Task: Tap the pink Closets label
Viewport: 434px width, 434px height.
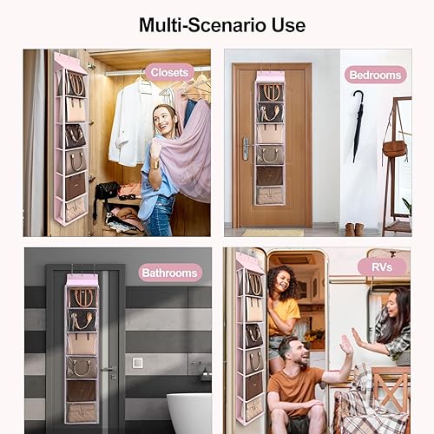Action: (169, 72)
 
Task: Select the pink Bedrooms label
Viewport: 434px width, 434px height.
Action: (375, 75)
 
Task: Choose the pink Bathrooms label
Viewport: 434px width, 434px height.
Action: (170, 273)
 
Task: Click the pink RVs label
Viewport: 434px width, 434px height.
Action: (382, 266)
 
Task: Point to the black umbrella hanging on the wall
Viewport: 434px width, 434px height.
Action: (358, 125)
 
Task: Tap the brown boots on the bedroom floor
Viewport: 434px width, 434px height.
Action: (355, 228)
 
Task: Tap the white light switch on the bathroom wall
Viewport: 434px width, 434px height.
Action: (137, 363)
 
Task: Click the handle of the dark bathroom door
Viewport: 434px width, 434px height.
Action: (108, 370)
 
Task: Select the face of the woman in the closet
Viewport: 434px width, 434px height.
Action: (163, 119)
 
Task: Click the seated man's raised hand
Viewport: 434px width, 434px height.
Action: (347, 345)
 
